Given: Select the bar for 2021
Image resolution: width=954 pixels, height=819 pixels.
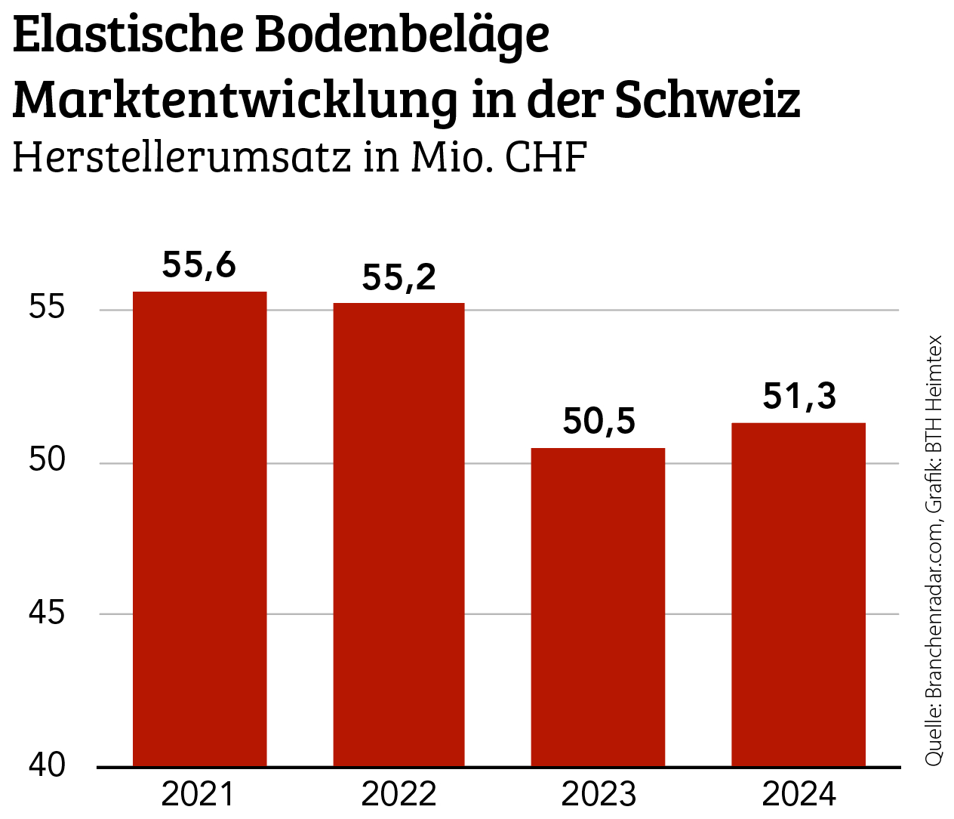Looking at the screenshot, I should [199, 529].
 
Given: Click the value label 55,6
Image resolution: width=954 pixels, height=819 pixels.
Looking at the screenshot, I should [199, 265].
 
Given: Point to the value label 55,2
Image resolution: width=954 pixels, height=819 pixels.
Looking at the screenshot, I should [399, 277].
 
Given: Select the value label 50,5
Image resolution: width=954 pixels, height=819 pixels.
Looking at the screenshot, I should [599, 421].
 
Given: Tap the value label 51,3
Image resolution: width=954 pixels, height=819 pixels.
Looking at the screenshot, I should [799, 396].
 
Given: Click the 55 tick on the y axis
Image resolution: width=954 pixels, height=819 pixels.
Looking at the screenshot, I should [47, 308].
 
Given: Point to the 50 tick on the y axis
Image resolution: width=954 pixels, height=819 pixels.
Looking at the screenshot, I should [47, 460].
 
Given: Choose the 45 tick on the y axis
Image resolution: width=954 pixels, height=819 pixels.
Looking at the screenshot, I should [47, 613].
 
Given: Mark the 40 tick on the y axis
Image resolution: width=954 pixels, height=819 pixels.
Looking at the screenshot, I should [47, 765].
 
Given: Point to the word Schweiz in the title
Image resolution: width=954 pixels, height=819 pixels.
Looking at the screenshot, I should [707, 99].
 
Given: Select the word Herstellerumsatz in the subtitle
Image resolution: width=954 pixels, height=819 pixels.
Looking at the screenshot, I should [182, 157].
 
